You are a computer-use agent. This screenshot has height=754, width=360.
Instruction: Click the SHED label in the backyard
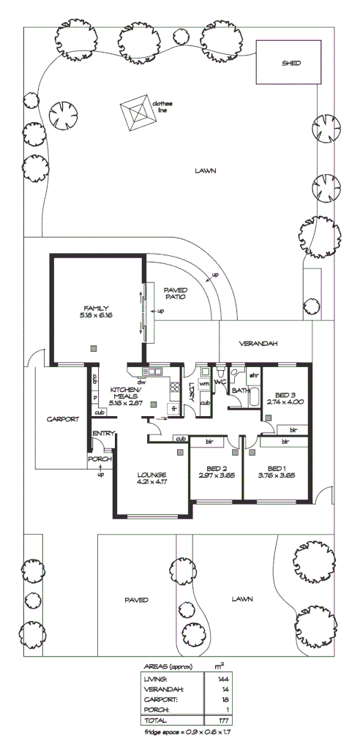(291, 64)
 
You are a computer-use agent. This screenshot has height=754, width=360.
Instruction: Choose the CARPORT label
(62, 420)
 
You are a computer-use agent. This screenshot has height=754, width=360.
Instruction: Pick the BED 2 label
(215, 468)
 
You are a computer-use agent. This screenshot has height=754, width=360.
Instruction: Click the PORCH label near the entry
(98, 459)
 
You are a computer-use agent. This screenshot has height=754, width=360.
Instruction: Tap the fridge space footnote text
(189, 732)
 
